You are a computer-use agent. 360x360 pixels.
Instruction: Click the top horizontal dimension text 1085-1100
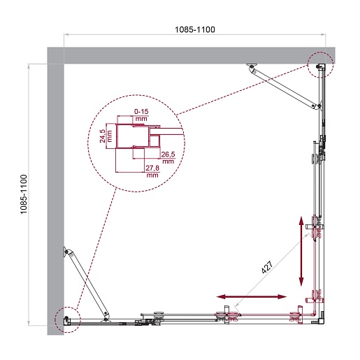pyautogui.click(x=195, y=29)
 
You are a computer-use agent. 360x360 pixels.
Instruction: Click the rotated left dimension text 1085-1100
pyautogui.click(x=24, y=194)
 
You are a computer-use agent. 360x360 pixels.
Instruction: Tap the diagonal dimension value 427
pyautogui.click(x=267, y=267)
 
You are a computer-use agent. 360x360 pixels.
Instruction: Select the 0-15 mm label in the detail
pyautogui.click(x=141, y=115)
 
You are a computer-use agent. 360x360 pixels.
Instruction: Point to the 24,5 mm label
pyautogui.click(x=106, y=136)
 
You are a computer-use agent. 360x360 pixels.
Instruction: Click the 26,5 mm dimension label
pyautogui.click(x=168, y=158)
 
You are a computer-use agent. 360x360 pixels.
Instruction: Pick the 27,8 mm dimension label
pyautogui.click(x=152, y=171)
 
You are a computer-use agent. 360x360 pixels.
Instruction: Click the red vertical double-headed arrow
pyautogui.click(x=301, y=251)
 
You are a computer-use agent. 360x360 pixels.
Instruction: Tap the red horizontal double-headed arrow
pyautogui.click(x=252, y=296)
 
